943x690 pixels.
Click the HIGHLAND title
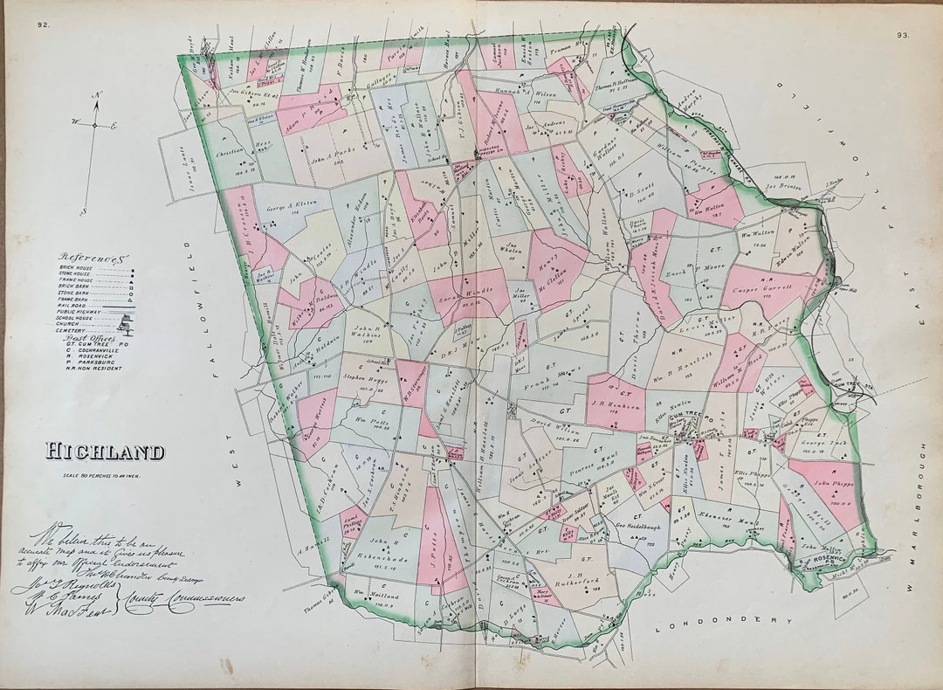[x=105, y=452]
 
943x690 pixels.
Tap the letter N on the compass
[x=99, y=95]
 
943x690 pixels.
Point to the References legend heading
[x=93, y=258]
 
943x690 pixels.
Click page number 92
[x=43, y=24]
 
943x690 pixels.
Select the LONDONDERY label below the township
[x=724, y=620]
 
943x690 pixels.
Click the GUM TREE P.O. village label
[x=687, y=417]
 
